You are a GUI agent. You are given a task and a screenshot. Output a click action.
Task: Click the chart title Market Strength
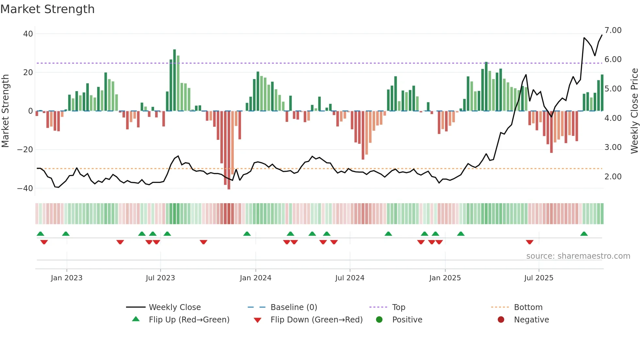pyautogui.click(x=47, y=9)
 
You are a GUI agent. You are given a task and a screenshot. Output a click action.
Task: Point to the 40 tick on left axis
pyautogui.click(x=28, y=34)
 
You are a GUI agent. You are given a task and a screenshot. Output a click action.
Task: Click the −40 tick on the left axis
pyautogui.click(x=25, y=188)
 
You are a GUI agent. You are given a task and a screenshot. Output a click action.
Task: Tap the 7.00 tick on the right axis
pyautogui.click(x=613, y=30)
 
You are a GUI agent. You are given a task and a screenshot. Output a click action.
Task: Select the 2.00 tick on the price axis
pyautogui.click(x=613, y=177)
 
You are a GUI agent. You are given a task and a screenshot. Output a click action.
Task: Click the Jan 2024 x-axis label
pyautogui.click(x=255, y=278)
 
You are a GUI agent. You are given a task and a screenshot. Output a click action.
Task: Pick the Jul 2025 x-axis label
pyautogui.click(x=538, y=278)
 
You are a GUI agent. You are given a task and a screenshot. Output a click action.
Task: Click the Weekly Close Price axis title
pyautogui.click(x=634, y=111)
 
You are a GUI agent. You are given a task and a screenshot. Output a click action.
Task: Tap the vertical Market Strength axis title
pyautogui.click(x=5, y=111)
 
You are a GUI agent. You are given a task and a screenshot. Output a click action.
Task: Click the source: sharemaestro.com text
pyautogui.click(x=578, y=256)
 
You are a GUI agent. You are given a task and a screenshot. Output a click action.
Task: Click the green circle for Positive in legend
pyautogui.click(x=379, y=320)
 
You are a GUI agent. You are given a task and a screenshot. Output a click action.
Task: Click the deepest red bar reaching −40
pyautogui.click(x=229, y=150)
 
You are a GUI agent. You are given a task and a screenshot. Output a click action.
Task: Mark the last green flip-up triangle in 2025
pyautogui.click(x=584, y=234)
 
